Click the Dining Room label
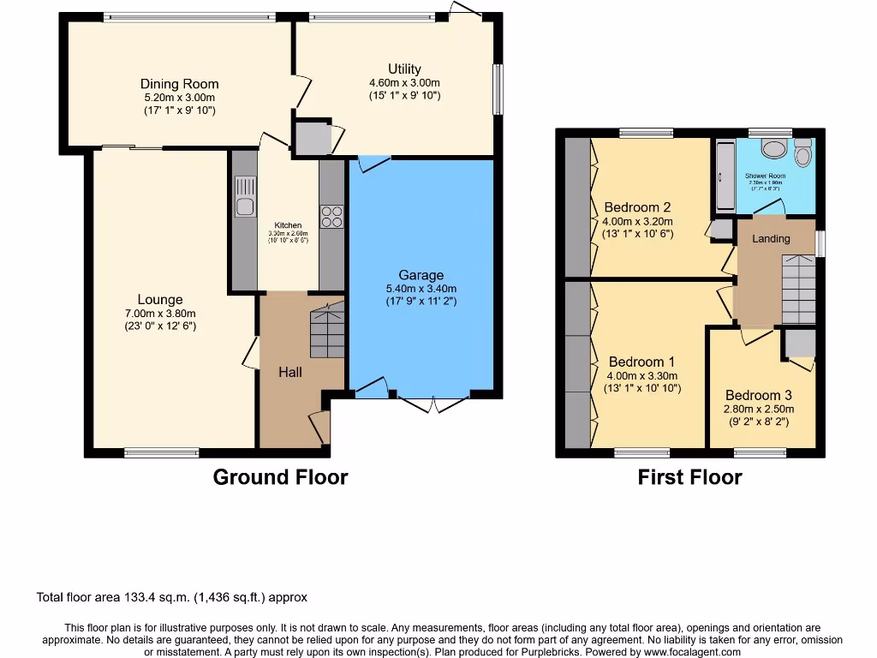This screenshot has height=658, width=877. pyautogui.click(x=179, y=84)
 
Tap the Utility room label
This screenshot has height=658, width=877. pyautogui.click(x=404, y=69)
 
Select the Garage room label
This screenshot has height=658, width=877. pyautogui.click(x=421, y=275)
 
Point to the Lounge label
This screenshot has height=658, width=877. pyautogui.click(x=160, y=300)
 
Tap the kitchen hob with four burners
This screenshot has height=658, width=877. pyautogui.click(x=331, y=216)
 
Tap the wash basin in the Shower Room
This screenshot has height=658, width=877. pyautogui.click(x=775, y=148)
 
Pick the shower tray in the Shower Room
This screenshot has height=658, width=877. pyautogui.click(x=724, y=176)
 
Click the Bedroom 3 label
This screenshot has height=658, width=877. pyautogui.click(x=759, y=395)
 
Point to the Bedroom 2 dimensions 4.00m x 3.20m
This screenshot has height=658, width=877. pyautogui.click(x=637, y=220)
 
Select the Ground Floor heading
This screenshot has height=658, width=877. pyautogui.click(x=280, y=477)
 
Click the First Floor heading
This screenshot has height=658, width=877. pyautogui.click(x=689, y=477)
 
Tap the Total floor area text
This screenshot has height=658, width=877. pyautogui.click(x=171, y=597)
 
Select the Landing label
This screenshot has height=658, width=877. pyautogui.click(x=771, y=238)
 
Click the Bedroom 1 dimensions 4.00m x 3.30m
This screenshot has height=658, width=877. pyautogui.click(x=641, y=375)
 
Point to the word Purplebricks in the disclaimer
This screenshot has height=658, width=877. pyautogui.click(x=545, y=652)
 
